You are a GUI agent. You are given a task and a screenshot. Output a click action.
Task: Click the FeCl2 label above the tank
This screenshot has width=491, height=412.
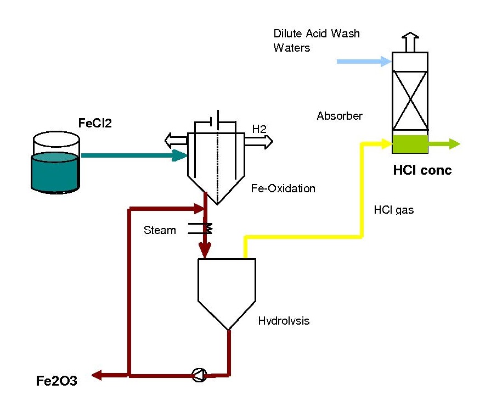tap(95, 124)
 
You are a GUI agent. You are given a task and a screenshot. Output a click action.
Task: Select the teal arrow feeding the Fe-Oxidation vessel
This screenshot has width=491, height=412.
tap(132, 155)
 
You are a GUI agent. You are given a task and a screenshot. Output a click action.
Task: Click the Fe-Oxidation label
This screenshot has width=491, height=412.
tap(283, 188)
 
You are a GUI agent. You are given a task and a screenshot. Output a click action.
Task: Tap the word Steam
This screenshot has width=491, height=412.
tap(160, 230)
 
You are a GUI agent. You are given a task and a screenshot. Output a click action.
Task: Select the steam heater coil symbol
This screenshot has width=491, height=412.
tap(204, 227)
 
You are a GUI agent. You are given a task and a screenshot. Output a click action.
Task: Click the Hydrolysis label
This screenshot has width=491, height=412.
tap(284, 321)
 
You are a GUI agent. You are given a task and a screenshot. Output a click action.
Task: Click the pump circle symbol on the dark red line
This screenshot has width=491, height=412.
tap(199, 376)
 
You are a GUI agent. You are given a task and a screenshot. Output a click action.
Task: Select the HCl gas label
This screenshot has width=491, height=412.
tap(393, 210)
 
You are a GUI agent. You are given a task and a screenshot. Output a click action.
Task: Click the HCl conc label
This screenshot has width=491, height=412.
tap(422, 171)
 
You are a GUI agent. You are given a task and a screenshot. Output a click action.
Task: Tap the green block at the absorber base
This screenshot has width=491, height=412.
tap(410, 144)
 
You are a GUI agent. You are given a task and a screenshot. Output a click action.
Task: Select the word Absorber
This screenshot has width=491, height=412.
tap(340, 116)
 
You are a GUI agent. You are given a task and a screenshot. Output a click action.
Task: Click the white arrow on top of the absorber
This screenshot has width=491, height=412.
tap(410, 41)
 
